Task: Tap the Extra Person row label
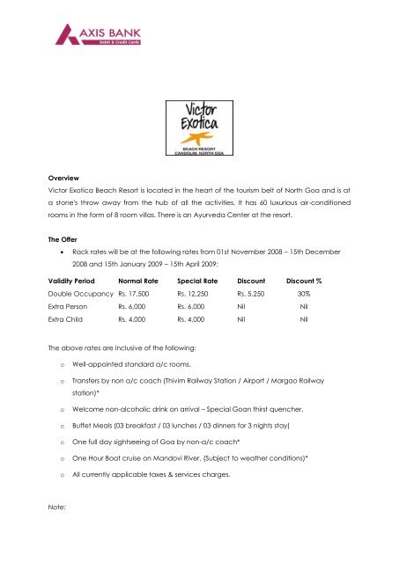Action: pyautogui.click(x=55, y=336)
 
